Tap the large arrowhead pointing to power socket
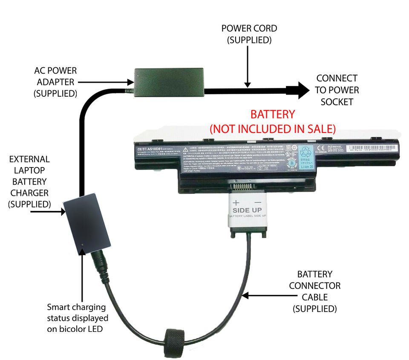coord(300,90)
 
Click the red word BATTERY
coord(272,115)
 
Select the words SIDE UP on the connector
coord(247,210)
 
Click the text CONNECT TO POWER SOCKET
coord(337,90)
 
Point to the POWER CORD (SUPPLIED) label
coord(249,34)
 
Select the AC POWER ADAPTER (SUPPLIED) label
coord(55,81)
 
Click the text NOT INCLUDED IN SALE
coord(273,128)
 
